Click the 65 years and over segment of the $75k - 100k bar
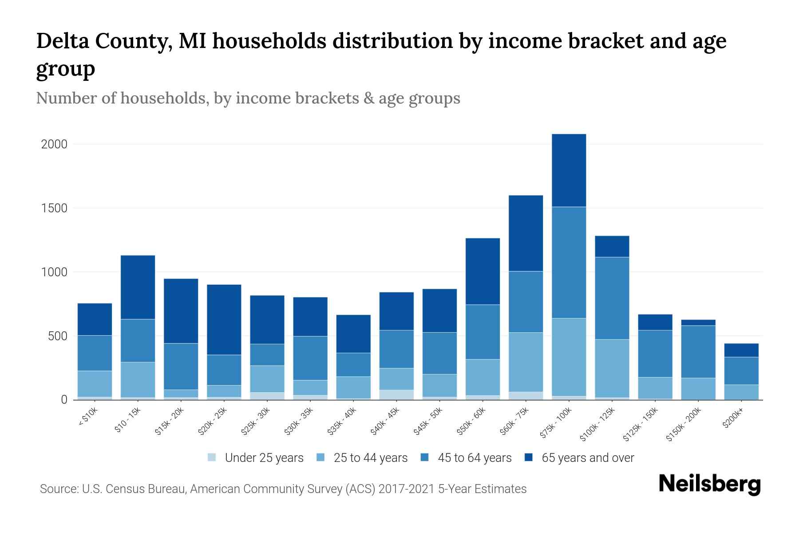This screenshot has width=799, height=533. point(569,171)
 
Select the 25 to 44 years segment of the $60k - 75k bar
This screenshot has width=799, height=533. point(526,362)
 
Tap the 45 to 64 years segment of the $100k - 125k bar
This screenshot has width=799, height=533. point(612,298)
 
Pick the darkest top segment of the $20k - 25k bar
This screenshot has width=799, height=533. point(224,319)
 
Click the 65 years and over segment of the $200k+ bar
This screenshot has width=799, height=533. point(741,350)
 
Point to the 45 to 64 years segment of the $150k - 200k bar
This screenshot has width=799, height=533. point(698,352)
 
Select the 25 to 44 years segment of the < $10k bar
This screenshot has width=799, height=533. point(95,384)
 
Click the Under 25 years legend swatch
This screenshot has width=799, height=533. point(212,457)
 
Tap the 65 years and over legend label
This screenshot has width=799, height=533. point(587,457)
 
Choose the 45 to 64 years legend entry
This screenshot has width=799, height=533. point(474,457)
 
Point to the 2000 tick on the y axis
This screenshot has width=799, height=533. point(54,144)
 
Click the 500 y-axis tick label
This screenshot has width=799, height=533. point(58,336)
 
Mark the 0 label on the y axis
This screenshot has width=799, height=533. point(64,400)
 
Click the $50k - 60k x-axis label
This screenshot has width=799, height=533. point(472,422)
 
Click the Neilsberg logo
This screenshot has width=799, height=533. point(709,484)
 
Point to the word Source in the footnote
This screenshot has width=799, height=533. point(58,489)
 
